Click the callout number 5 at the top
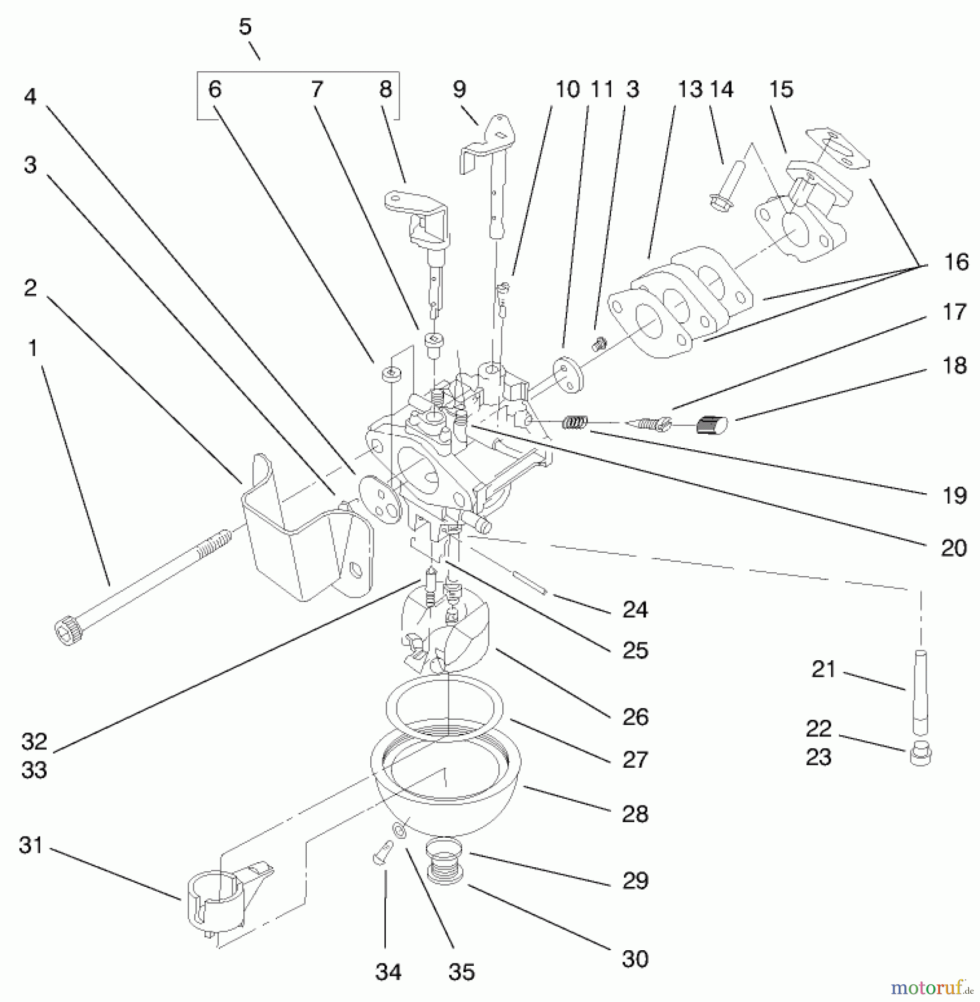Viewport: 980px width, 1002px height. coord(246,27)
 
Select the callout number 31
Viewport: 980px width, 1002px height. coord(31,845)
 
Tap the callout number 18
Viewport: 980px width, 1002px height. coord(954,366)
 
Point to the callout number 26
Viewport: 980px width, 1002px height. coord(635,716)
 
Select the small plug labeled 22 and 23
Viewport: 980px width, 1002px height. coord(921,754)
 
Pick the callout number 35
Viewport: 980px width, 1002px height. coord(461,971)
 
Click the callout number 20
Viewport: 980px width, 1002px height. coord(954,548)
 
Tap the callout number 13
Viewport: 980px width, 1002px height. coord(690,89)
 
